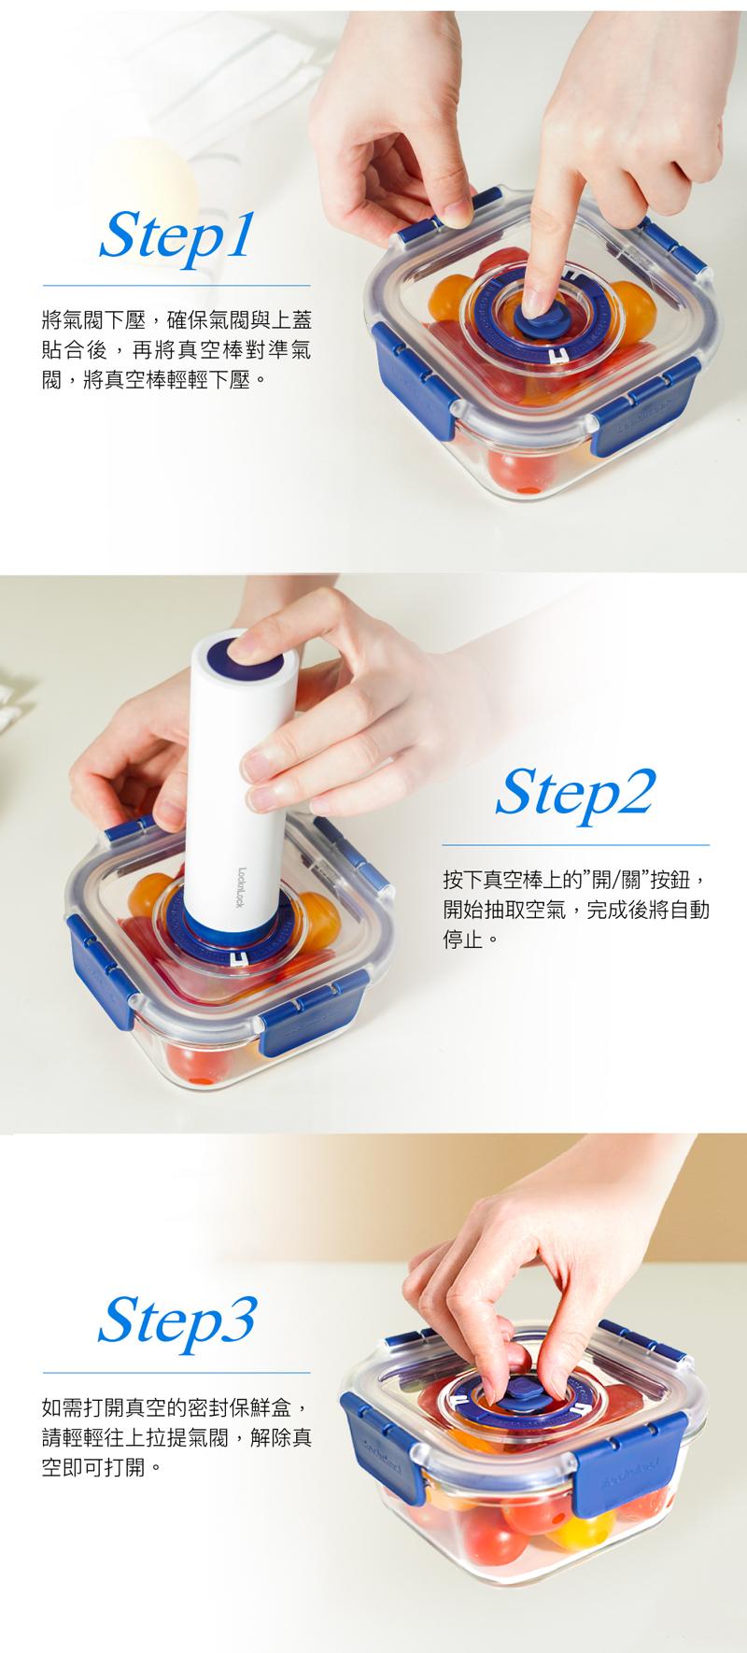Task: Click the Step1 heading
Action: [x=176, y=235]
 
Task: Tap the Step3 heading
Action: [x=176, y=1319]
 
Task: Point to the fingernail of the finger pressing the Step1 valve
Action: [x=534, y=301]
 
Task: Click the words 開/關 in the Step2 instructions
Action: [x=610, y=880]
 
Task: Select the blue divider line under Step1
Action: [x=176, y=285]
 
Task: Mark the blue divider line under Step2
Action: [x=575, y=845]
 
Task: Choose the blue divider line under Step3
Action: [x=176, y=1373]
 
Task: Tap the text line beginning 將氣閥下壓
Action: [x=176, y=320]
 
